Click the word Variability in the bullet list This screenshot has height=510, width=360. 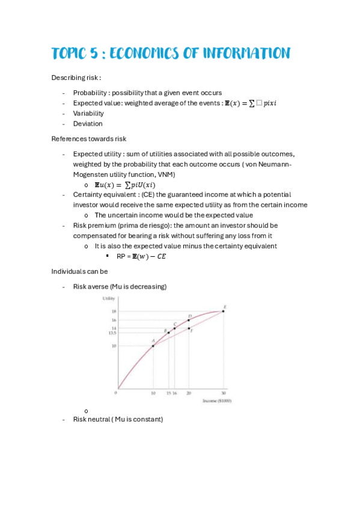click(x=88, y=113)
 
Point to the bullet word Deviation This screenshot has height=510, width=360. click(x=88, y=123)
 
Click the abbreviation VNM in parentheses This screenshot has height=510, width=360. click(x=166, y=174)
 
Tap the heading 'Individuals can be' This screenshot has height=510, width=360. click(x=79, y=271)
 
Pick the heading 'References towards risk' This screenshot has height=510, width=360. click(x=89, y=138)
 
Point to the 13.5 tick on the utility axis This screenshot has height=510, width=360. click(x=112, y=333)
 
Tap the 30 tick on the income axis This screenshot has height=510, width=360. click(x=224, y=393)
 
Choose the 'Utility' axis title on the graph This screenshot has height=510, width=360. click(x=108, y=298)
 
